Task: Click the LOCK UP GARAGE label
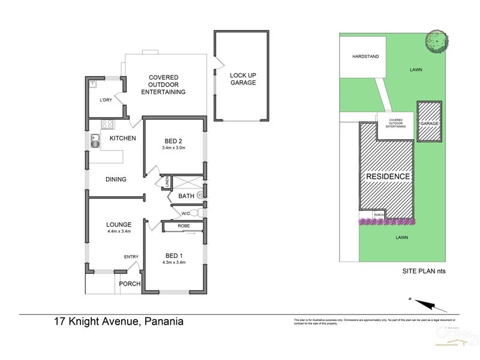pos(242,79)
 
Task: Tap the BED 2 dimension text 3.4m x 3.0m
pos(173,148)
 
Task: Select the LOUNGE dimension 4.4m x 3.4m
pos(119,231)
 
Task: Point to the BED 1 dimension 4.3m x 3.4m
pos(173,262)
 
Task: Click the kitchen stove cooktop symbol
pos(107,125)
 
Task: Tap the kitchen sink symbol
pos(95,142)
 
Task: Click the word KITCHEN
pos(122,139)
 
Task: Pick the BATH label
pos(185,196)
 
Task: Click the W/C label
pos(186,212)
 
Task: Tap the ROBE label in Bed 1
pos(184,226)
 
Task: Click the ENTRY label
pos(131,257)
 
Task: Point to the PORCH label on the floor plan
pos(129,284)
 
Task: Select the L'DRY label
pos(106,100)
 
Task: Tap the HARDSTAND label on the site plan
pos(361,58)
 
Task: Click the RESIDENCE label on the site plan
pos(388,176)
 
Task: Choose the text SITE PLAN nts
pos(423,271)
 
